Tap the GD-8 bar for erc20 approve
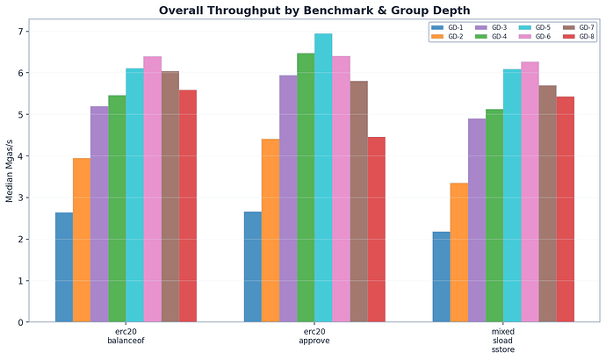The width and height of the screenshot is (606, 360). [376, 229]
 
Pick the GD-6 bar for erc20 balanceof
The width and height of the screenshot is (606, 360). [152, 190]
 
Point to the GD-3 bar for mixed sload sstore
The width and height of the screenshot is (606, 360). [476, 220]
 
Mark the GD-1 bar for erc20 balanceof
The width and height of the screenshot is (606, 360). [64, 267]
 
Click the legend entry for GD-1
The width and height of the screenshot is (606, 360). [448, 28]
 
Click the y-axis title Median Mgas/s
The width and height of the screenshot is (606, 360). [10, 176]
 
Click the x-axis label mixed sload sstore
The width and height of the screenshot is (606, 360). [503, 342]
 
